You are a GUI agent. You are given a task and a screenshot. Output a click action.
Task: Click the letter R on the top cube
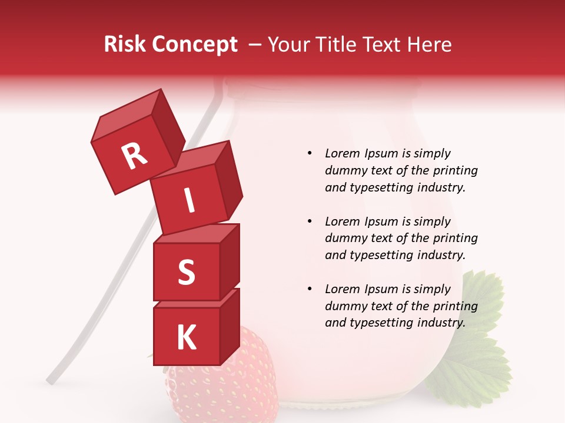tap(134, 156)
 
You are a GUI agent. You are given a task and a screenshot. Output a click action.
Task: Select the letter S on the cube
tap(186, 273)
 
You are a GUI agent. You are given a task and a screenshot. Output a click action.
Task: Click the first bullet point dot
tap(310, 154)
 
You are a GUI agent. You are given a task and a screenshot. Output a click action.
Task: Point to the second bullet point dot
tap(310, 221)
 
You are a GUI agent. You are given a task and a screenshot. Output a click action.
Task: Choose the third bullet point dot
tap(310, 289)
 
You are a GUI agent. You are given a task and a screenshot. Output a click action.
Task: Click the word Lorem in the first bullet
tap(343, 154)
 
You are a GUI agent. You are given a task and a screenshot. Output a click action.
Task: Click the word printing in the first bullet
tap(451, 171)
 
